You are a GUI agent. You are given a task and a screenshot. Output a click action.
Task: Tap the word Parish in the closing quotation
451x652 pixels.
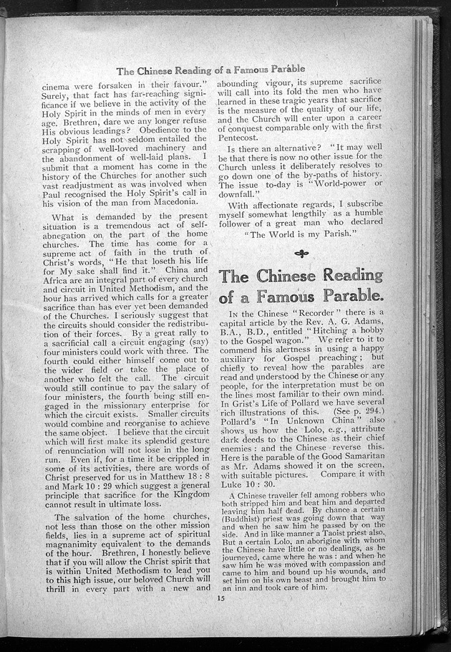(x=321, y=233)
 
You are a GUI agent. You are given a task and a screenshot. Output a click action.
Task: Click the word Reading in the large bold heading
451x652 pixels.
(x=341, y=275)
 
